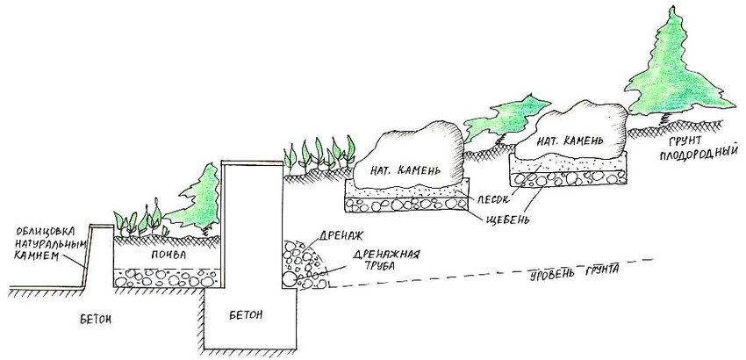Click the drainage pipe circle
coord(290,279)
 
